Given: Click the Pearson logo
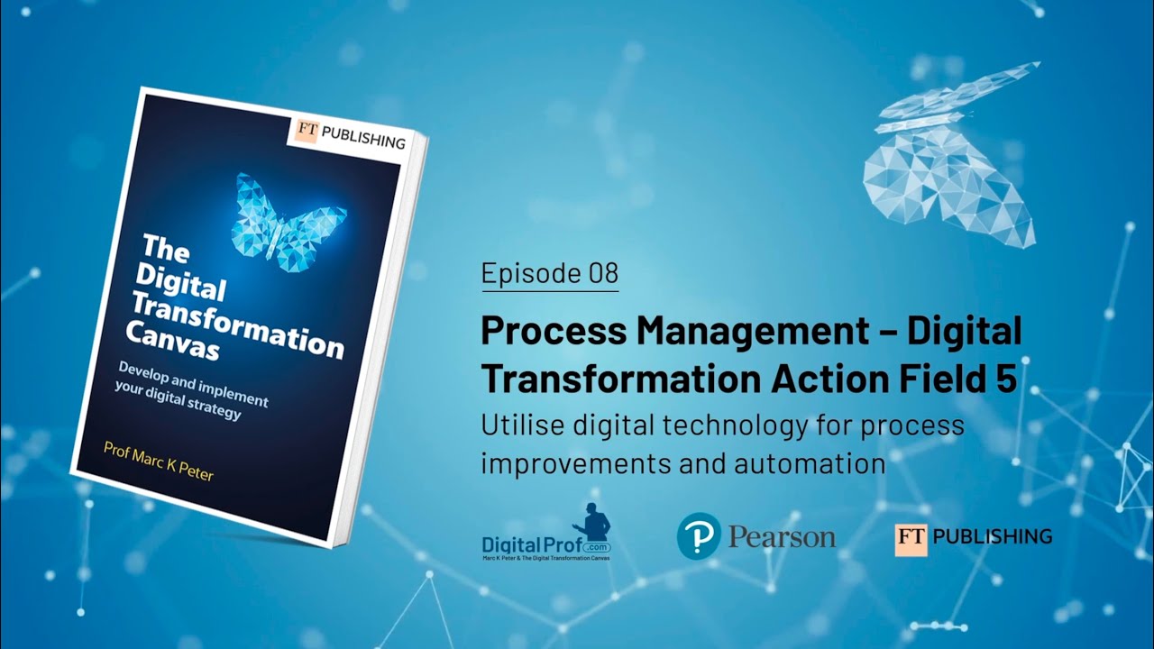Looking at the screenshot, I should point(756,536).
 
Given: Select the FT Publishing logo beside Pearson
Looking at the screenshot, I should point(973,537).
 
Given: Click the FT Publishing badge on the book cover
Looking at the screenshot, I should point(350,134).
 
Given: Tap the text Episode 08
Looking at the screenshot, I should point(550,272).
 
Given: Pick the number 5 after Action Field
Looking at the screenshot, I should point(1006,379).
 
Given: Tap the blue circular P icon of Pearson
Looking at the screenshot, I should point(699,536).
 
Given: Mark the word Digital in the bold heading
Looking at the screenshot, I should point(964,332).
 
